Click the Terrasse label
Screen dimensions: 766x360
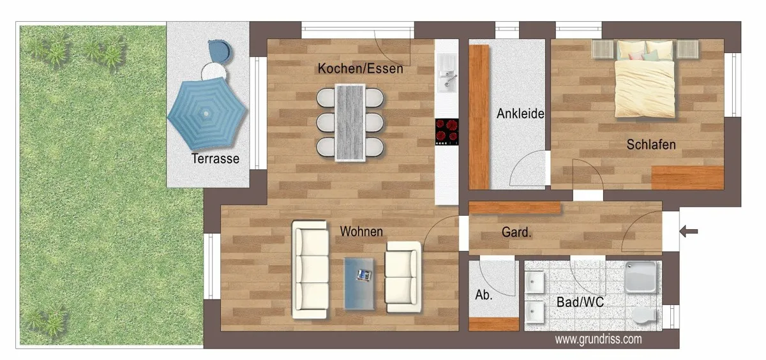pos(215,159)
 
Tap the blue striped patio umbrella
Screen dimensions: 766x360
pos(207,114)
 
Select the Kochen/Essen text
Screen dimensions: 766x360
pos(361,68)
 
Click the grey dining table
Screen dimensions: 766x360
pos(350,123)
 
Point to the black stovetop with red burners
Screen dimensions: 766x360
pos(447,132)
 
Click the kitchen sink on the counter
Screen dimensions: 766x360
pos(447,73)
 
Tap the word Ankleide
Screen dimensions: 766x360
pos(520,114)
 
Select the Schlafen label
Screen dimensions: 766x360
pos(651,145)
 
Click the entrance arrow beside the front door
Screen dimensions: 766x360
pos(688,232)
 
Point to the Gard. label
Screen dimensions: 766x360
pos(516,232)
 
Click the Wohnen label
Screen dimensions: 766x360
pos(361,232)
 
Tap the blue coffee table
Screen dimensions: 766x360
pos(359,283)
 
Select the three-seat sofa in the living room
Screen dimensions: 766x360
pos(310,269)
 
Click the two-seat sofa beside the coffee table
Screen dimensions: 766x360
pos(403,277)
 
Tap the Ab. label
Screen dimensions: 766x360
pos(484,295)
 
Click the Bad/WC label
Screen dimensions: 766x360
pos(580,302)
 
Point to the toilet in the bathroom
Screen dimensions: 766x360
pos(644,315)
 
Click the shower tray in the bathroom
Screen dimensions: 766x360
pos(640,277)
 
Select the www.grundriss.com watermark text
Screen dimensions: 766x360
pos(598,339)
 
